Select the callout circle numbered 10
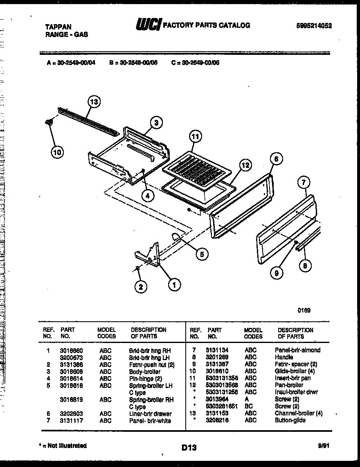point(58,153)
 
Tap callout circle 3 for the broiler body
point(156,122)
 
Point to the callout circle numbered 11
point(196,137)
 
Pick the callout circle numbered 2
point(141,287)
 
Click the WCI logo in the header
point(148,25)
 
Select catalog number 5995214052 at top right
point(314,25)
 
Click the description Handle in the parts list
point(284,357)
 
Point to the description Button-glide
point(290,420)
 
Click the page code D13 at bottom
point(189,448)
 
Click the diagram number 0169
point(304,310)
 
